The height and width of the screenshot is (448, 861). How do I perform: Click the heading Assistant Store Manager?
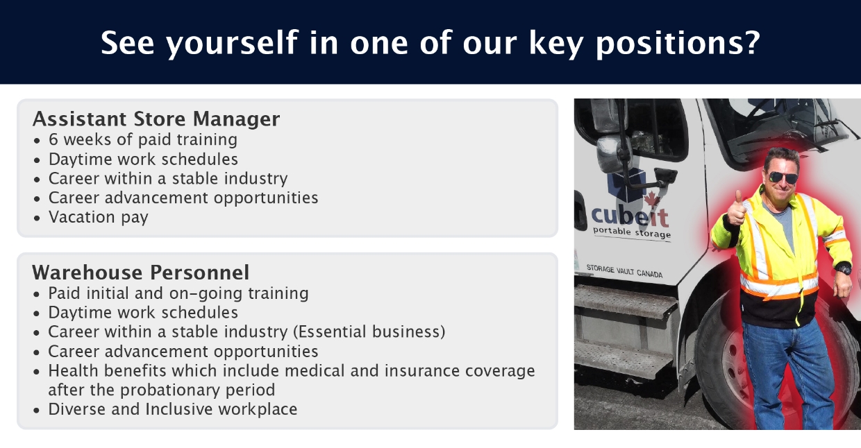(156, 119)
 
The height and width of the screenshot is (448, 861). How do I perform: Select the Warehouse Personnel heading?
(141, 273)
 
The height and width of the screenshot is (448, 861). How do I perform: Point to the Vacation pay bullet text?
(99, 217)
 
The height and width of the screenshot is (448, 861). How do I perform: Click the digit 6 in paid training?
(53, 139)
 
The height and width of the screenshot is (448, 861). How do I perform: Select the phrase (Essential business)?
(369, 332)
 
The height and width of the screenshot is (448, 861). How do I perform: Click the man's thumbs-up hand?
(736, 209)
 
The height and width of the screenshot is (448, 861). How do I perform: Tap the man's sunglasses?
(783, 178)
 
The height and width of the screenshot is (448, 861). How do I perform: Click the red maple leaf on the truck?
(652, 200)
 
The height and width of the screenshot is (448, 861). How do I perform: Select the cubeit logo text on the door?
(630, 217)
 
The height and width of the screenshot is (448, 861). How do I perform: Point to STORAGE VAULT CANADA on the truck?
(624, 271)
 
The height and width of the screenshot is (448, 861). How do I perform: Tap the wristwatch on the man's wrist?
(844, 268)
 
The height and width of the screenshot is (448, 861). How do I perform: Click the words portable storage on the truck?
(632, 232)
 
